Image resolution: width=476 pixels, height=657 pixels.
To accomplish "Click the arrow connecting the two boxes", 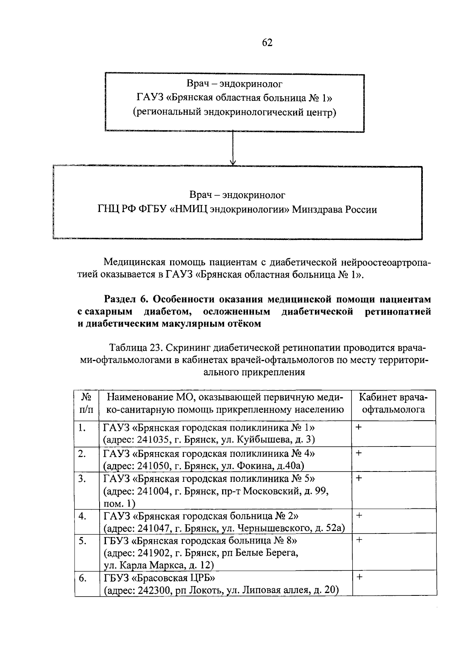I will pos(233,149).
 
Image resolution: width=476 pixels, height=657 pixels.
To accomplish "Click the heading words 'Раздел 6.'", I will pos(126,299).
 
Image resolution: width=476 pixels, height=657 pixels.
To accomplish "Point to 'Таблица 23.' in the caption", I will pos(135,348).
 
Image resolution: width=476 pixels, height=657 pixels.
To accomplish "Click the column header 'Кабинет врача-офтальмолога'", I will pos(394,403).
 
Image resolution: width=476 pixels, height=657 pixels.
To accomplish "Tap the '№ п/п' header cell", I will pos(86,403).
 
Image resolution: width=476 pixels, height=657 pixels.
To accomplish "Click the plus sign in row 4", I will pos(359,515).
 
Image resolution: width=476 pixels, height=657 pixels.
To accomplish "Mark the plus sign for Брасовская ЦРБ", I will pos(359,577).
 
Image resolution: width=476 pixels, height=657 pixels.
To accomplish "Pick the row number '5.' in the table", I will pos(82,541).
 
